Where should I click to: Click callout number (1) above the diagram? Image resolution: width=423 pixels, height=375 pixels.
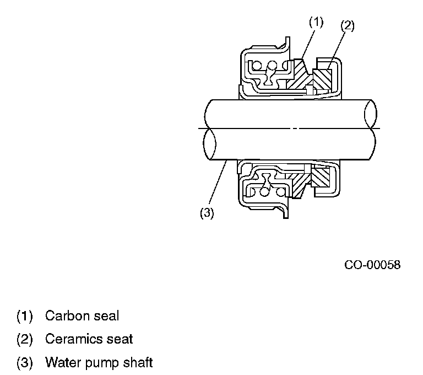click(x=315, y=23)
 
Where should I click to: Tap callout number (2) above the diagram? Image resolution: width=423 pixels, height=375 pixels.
click(x=347, y=25)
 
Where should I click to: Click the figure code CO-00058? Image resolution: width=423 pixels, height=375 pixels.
click(x=372, y=265)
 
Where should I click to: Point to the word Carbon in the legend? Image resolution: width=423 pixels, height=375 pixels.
click(x=64, y=316)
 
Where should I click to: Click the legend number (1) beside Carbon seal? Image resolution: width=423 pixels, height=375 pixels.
click(x=25, y=317)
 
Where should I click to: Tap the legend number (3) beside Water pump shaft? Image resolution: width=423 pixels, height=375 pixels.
click(x=25, y=363)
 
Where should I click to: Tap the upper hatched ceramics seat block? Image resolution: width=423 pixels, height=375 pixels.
click(x=322, y=77)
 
